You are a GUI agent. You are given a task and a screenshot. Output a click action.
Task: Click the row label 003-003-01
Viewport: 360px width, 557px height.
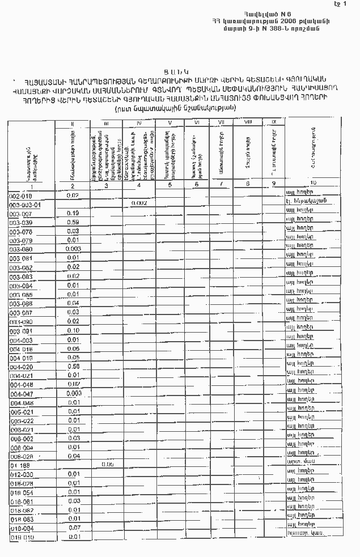pyautogui.click(x=26, y=205)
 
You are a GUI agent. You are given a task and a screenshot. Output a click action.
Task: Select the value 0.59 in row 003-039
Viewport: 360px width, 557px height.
pyautogui.click(x=73, y=223)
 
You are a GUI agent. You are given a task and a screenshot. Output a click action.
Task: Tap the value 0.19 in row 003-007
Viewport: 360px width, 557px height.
pyautogui.click(x=73, y=213)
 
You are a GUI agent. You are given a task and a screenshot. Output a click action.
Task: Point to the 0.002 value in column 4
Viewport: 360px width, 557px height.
pyautogui.click(x=139, y=203)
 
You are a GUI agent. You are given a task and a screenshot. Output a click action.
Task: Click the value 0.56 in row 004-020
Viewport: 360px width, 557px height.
pyautogui.click(x=73, y=367)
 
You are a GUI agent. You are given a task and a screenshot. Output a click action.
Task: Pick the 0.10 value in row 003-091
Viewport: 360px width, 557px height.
pyautogui.click(x=73, y=330)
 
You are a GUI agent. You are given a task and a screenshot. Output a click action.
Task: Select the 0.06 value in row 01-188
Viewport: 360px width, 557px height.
pyautogui.click(x=107, y=464)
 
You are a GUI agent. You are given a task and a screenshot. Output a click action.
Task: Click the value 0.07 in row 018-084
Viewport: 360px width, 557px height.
pyautogui.click(x=74, y=528)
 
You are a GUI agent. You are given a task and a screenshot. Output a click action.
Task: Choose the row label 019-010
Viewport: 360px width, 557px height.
pyautogui.click(x=22, y=537)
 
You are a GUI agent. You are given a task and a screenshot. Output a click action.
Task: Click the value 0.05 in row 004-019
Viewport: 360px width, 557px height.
pyautogui.click(x=73, y=358)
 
